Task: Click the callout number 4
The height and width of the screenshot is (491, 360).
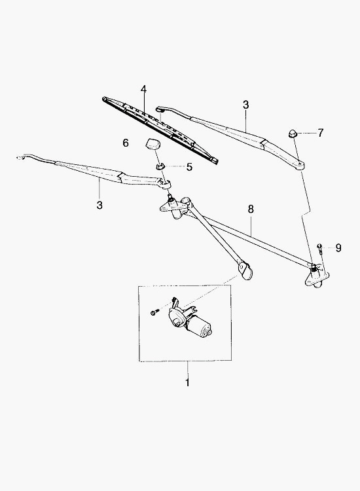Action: [143, 90]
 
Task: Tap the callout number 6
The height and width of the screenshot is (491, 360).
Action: [126, 143]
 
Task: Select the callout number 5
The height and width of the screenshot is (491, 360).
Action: [189, 167]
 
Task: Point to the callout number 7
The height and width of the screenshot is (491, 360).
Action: [320, 133]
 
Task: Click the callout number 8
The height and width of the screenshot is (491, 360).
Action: [251, 209]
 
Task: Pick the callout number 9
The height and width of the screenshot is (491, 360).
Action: [338, 248]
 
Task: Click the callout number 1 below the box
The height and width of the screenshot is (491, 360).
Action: [187, 383]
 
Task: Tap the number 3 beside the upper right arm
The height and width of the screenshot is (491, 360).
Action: [245, 105]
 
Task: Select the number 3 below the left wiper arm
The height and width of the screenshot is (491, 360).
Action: [99, 206]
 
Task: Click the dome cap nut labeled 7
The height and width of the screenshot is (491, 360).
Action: [292, 134]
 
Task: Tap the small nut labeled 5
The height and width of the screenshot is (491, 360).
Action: [160, 166]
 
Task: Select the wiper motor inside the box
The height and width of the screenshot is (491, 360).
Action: [190, 320]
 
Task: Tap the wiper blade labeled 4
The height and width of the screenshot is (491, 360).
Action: [160, 130]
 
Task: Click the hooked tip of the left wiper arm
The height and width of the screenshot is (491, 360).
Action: [21, 157]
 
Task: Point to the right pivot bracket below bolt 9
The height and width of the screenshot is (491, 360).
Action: [317, 274]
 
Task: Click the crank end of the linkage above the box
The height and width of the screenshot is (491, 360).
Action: [245, 269]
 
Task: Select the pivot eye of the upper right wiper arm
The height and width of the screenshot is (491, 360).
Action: [300, 165]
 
